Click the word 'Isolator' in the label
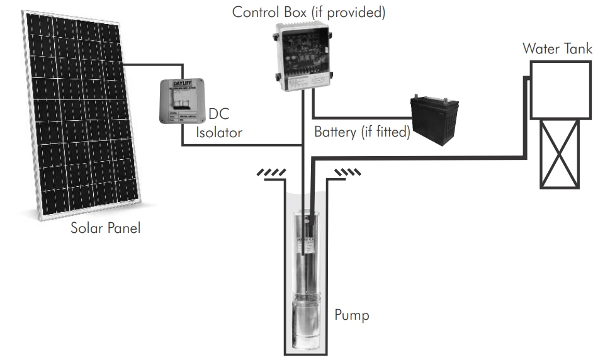point(218,133)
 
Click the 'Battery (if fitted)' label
point(362,132)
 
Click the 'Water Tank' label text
point(556,48)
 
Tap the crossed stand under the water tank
point(560,154)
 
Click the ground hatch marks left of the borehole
point(271,172)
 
